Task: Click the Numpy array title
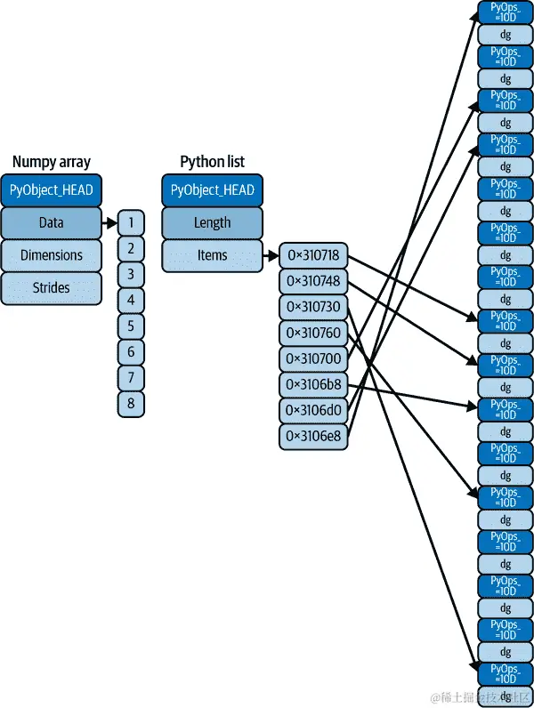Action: point(52,162)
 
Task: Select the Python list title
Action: point(212,162)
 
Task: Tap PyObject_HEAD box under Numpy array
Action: point(52,190)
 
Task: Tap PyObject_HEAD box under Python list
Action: point(212,190)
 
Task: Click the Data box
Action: point(52,222)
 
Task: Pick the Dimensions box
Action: point(52,255)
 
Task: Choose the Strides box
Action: point(52,287)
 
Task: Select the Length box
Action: point(212,222)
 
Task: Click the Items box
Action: point(212,255)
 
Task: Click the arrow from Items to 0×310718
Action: point(271,256)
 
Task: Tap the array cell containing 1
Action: point(131,222)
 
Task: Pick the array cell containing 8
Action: point(131,404)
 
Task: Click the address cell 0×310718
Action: point(313,256)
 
